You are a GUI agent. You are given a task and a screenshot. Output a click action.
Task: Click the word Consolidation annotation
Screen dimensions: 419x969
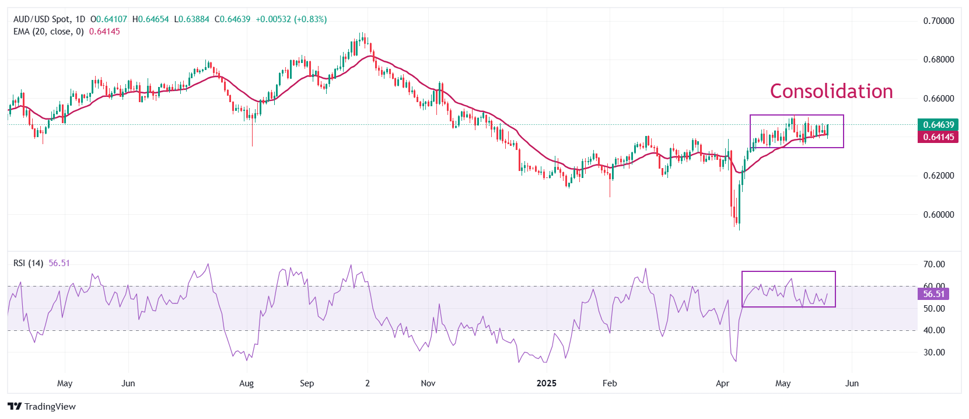point(831,91)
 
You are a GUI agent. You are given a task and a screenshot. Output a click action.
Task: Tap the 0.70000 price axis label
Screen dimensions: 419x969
point(938,21)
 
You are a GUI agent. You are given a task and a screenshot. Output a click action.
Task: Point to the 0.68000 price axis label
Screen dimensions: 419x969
point(938,60)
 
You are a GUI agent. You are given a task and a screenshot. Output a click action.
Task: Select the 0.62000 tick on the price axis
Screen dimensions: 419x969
point(938,176)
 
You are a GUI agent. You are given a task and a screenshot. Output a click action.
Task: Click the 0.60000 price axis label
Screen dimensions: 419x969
point(938,215)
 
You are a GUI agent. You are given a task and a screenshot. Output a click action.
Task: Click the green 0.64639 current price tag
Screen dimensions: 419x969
point(938,125)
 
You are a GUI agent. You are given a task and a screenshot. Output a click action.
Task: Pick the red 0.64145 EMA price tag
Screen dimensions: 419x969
point(938,137)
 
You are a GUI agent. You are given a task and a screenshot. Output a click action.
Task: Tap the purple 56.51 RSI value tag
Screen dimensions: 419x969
point(933,294)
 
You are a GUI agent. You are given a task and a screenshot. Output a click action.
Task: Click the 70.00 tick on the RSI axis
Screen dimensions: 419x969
point(933,264)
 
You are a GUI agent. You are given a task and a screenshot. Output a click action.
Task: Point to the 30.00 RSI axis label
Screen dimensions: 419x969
point(933,352)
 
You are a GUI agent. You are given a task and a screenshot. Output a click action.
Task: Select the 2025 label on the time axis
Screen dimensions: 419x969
point(546,383)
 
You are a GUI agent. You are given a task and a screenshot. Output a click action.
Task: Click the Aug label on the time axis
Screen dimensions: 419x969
point(247,383)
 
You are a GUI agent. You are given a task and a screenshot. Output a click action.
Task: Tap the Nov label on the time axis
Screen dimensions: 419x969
point(428,383)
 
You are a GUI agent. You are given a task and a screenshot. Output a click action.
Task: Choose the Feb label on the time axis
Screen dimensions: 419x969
point(610,383)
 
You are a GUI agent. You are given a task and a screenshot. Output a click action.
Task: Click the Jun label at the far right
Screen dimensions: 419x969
point(852,383)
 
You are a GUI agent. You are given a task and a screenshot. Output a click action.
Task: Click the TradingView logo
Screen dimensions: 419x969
point(42,407)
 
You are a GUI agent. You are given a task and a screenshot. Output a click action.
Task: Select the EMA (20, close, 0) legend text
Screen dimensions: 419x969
point(48,32)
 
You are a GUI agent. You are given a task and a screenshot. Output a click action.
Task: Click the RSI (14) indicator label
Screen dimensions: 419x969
point(28,263)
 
